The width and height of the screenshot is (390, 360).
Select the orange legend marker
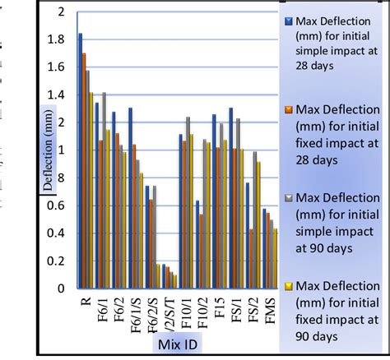[x=289, y=108]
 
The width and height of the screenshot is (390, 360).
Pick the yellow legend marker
[x=289, y=284]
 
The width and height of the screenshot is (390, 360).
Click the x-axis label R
[x=86, y=302]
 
